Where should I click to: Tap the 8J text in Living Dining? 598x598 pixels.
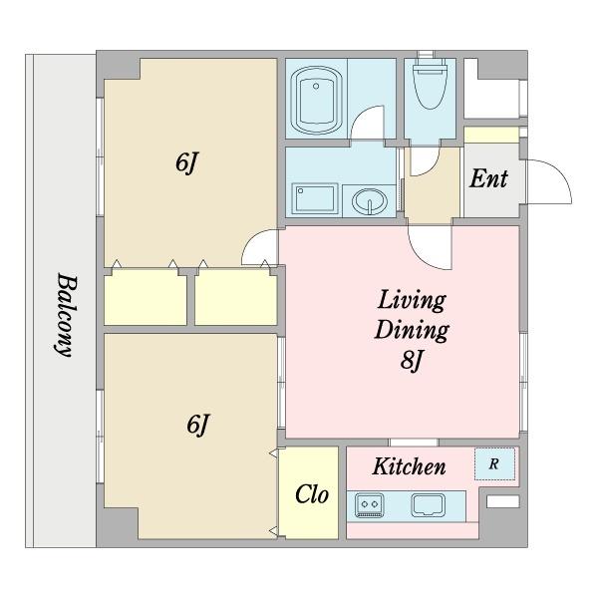tap(412, 360)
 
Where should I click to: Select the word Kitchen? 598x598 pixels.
tap(409, 466)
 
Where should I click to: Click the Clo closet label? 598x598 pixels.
tap(312, 494)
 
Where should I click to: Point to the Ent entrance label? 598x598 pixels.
tap(488, 178)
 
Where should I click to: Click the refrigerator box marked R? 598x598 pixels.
tap(494, 463)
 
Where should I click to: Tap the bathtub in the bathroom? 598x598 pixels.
tap(316, 100)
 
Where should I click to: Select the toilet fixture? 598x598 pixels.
tap(431, 83)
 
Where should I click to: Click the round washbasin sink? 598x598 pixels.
tap(370, 201)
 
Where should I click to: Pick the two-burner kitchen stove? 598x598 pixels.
tap(369, 505)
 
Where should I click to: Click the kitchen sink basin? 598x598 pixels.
tap(429, 505)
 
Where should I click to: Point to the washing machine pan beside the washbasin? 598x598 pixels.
tap(315, 198)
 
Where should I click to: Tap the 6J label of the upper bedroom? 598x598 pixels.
tap(187, 163)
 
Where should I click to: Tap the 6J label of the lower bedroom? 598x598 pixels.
tap(198, 425)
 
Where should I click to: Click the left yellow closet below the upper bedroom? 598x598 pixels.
tap(146, 297)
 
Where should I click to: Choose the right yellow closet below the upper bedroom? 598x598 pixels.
tap(235, 297)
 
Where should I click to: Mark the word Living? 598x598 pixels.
tap(412, 301)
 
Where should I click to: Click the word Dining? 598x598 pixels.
tap(412, 330)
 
